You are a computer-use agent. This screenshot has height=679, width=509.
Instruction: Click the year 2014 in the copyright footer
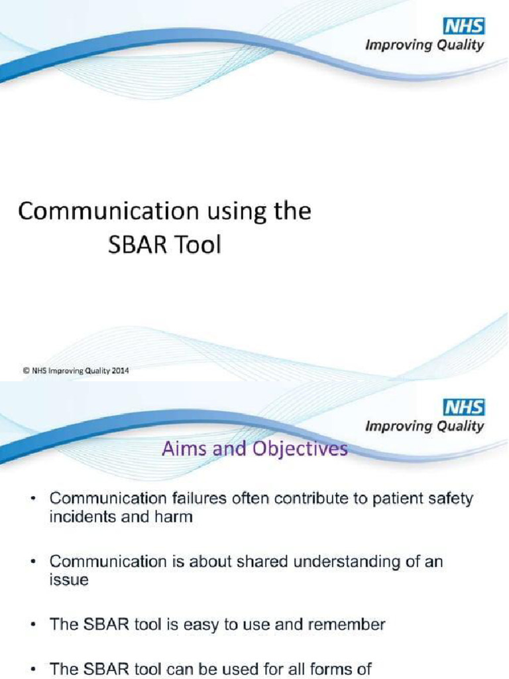click(x=119, y=371)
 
